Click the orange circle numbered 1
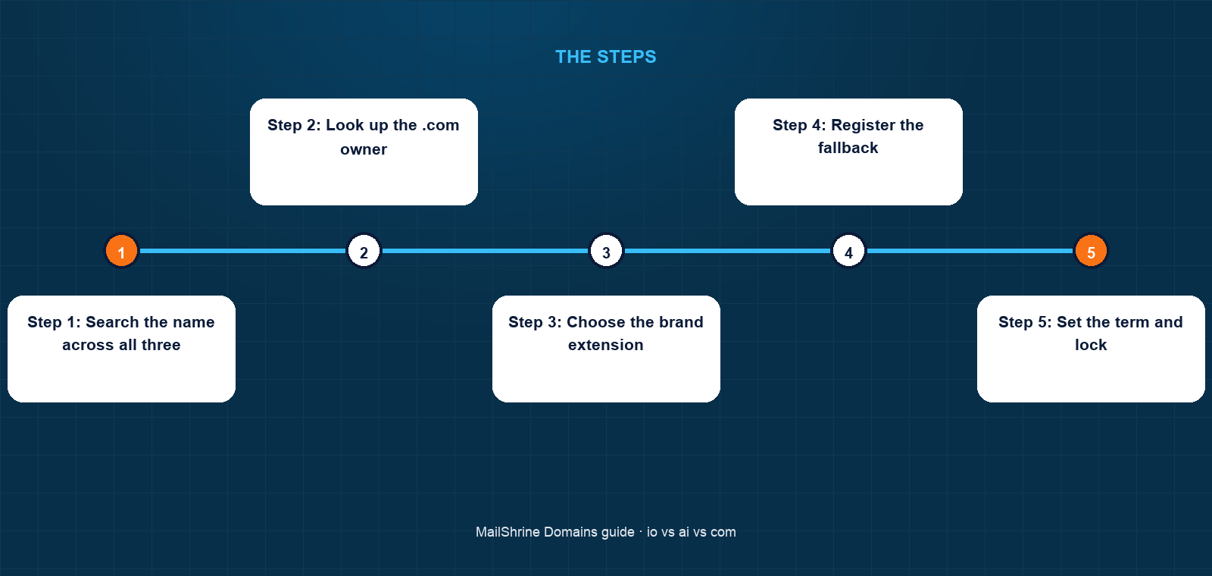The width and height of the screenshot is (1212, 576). (x=121, y=251)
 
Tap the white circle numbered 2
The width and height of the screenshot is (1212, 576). (x=364, y=251)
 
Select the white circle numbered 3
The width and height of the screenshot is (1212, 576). (x=606, y=251)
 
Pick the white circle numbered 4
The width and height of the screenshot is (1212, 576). (x=848, y=251)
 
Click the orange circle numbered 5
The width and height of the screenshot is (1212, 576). (x=1091, y=251)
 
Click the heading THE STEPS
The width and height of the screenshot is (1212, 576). (x=606, y=57)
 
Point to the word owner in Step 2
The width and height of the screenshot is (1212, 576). (x=364, y=149)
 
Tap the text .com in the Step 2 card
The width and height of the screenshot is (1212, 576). (x=440, y=126)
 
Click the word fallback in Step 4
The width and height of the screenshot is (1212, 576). (x=848, y=148)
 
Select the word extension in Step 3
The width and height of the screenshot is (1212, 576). (x=606, y=346)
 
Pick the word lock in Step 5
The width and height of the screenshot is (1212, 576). (x=1091, y=345)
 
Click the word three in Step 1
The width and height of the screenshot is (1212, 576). (x=161, y=345)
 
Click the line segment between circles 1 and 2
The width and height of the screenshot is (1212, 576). (x=242, y=251)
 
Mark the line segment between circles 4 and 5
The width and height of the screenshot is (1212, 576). (x=970, y=251)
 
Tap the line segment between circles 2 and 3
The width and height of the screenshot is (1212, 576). (x=485, y=251)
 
